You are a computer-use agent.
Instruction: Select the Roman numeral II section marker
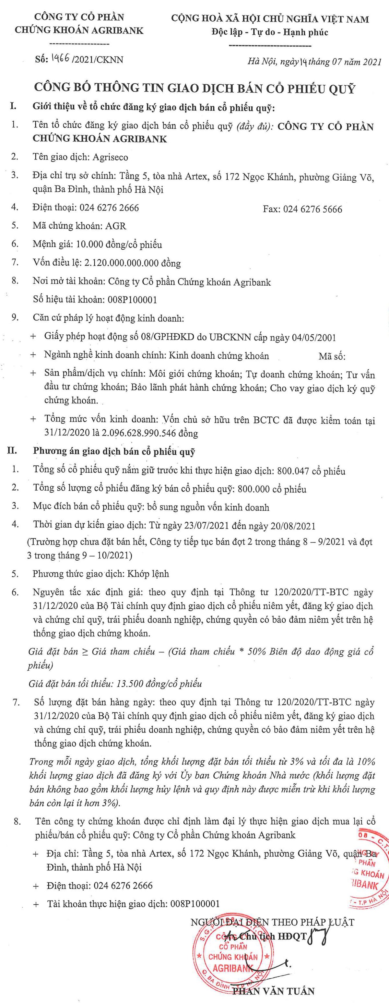point(13,452)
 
